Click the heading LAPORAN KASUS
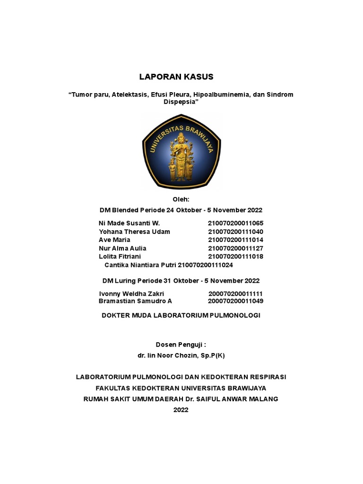pyautogui.click(x=176, y=77)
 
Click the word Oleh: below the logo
pyautogui.click(x=181, y=200)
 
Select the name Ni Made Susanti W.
pyautogui.click(x=130, y=224)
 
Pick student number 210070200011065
pyautogui.click(x=235, y=224)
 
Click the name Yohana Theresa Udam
pyautogui.click(x=134, y=232)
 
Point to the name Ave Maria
pyautogui.click(x=114, y=240)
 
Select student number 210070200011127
pyautogui.click(x=235, y=248)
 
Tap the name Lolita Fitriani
pyautogui.click(x=122, y=257)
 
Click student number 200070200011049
pyautogui.click(x=235, y=301)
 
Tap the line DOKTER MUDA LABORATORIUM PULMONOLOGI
pyautogui.click(x=181, y=315)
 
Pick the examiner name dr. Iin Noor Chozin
pyautogui.click(x=181, y=355)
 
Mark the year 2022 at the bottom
pyautogui.click(x=181, y=410)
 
